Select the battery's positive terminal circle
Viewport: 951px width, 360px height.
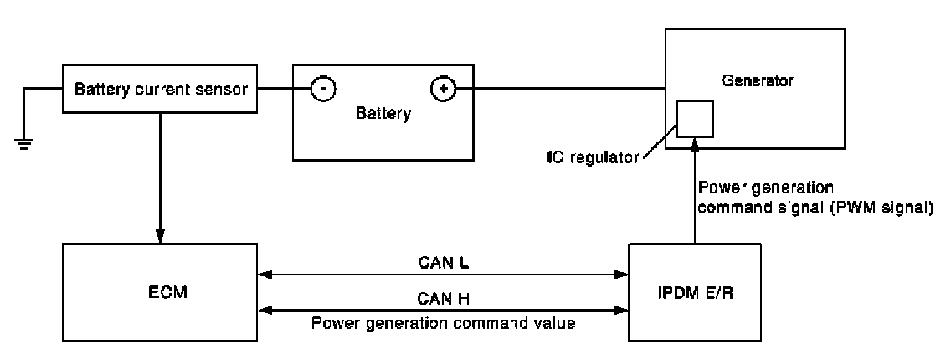(442, 88)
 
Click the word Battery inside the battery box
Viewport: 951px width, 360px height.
(383, 115)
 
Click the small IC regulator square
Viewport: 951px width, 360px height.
(695, 119)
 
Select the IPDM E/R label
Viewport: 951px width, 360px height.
(695, 295)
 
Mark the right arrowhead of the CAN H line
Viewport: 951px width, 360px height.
(623, 310)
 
